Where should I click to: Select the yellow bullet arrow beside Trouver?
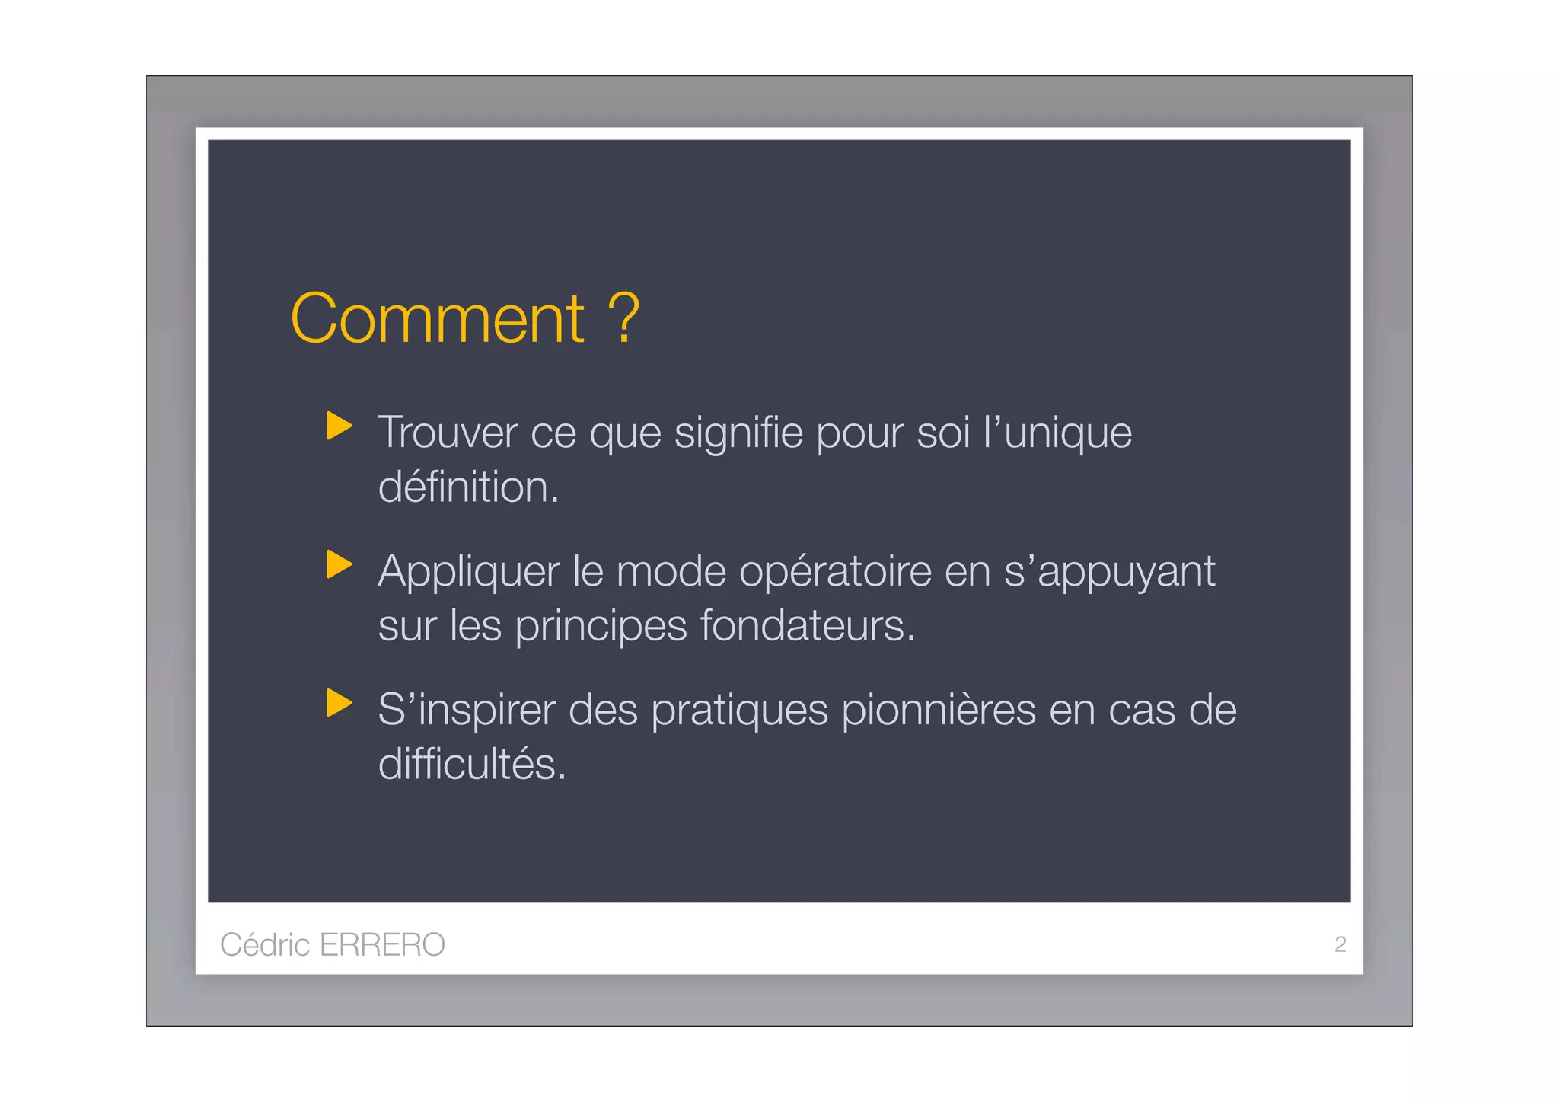coord(339,426)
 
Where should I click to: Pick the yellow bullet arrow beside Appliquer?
coord(339,564)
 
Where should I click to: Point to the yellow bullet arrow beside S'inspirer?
coord(339,703)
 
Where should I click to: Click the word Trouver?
coord(447,433)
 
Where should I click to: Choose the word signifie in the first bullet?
coord(738,433)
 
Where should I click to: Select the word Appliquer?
coord(468,572)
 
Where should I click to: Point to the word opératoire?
coord(834,572)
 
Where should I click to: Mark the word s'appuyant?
coord(1109,572)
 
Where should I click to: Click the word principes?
coord(601,627)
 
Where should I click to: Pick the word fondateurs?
coord(807,626)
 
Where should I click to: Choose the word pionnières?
coord(939,710)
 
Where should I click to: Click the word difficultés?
coord(472,764)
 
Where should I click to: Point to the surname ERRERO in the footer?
coord(382,944)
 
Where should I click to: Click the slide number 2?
coord(1340,944)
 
